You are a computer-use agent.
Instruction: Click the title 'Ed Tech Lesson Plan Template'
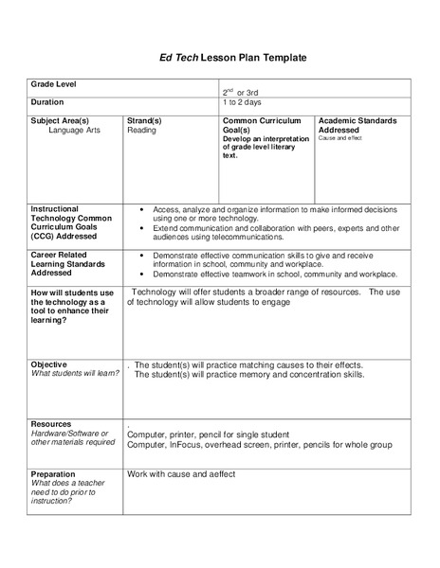pyautogui.click(x=220, y=58)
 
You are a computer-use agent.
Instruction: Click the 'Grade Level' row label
pyautogui.click(x=54, y=84)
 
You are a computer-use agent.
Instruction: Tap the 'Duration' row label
pyautogui.click(x=47, y=102)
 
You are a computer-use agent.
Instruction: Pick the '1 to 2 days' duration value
pyautogui.click(x=243, y=102)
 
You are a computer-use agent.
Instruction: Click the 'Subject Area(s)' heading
pyautogui.click(x=60, y=120)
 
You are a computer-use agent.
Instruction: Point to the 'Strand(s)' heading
pyautogui.click(x=144, y=120)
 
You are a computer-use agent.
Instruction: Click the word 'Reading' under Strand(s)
pyautogui.click(x=141, y=130)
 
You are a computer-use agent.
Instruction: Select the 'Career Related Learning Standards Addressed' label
pyautogui.click(x=66, y=263)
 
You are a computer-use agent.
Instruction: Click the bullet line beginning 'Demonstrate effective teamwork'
pyautogui.click(x=276, y=274)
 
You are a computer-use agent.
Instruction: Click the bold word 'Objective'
pyautogui.click(x=49, y=364)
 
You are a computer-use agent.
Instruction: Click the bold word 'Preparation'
pyautogui.click(x=53, y=473)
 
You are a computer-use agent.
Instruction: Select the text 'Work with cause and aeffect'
pyautogui.click(x=181, y=474)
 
